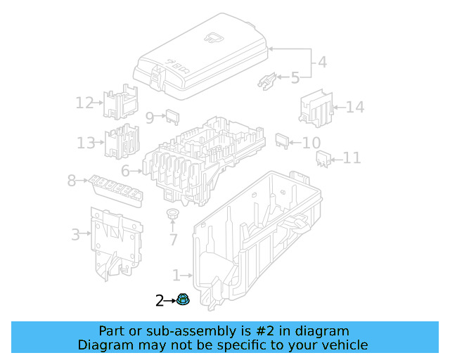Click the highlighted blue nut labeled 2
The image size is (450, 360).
pos(182,301)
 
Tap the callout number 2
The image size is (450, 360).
pos(160,302)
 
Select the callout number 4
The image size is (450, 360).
pos(321,62)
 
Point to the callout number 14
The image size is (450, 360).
pos(355,108)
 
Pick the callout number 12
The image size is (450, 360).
pos(84,103)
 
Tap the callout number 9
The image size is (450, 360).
pos(150,117)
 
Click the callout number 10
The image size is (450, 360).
pos(311,143)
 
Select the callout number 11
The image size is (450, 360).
pos(352,159)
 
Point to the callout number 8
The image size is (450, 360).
pos(71,181)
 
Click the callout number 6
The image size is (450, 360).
pos(125,171)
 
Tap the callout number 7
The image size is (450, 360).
pos(173,240)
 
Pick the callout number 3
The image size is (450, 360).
pos(75,234)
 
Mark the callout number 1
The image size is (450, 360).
pos(176,275)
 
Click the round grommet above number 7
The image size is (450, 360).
pos(172,214)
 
